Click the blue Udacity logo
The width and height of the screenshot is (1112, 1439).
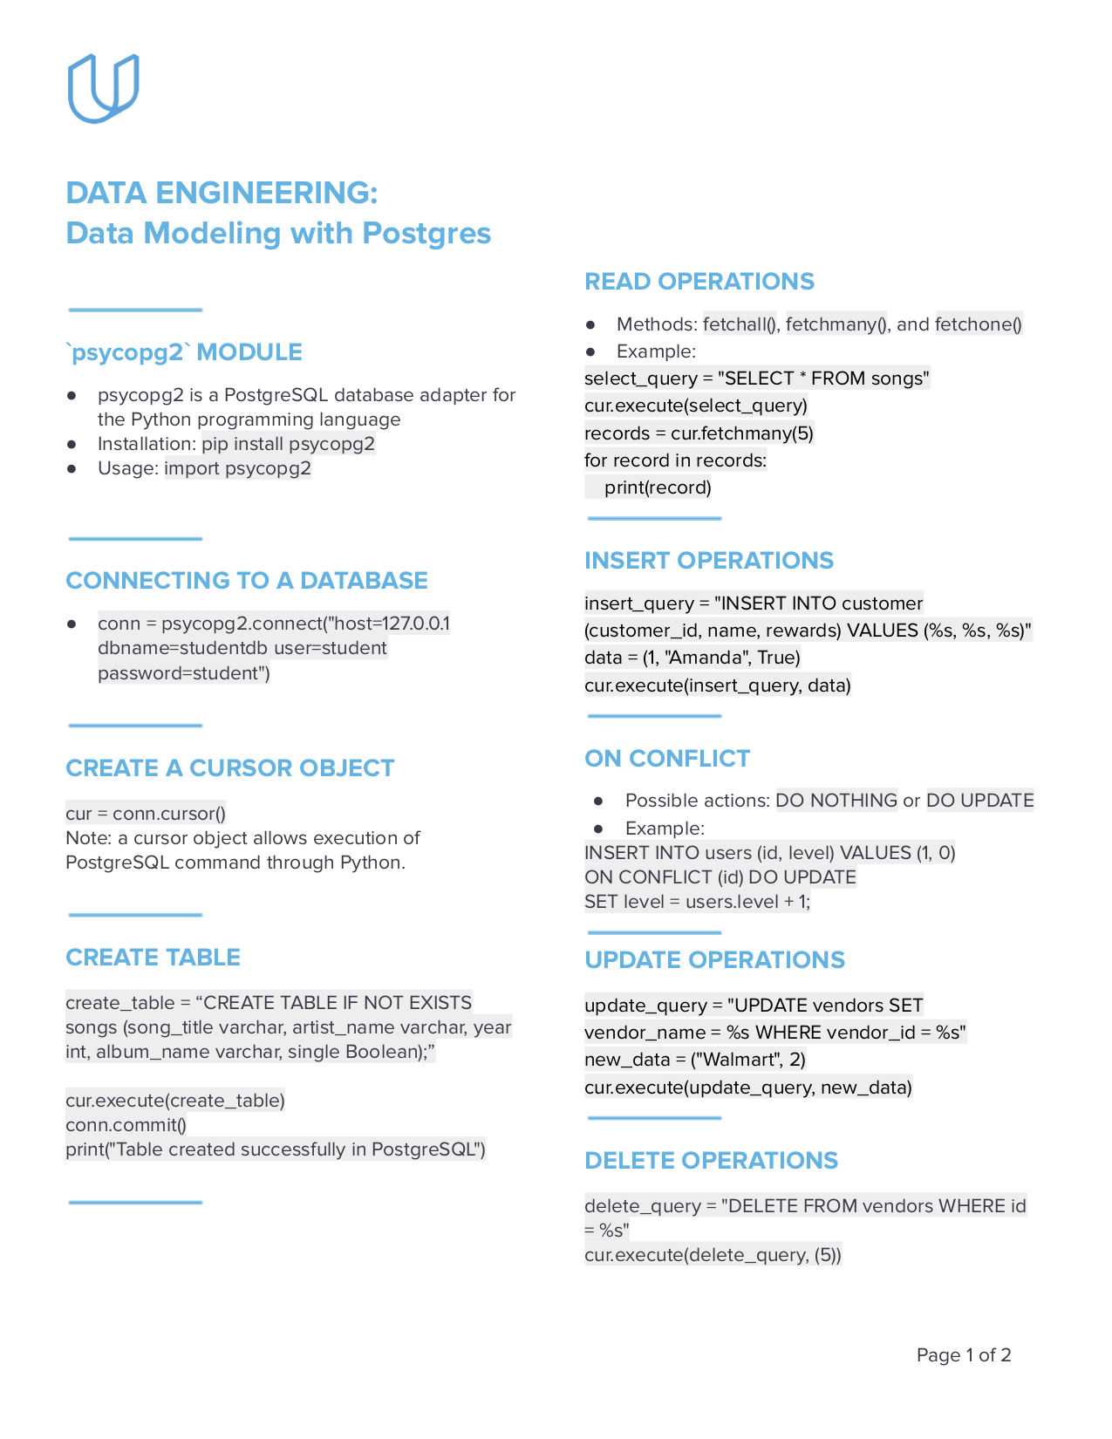coord(103,88)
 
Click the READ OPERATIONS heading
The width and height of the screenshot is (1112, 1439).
coord(699,282)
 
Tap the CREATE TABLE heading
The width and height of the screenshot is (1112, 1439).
coord(153,958)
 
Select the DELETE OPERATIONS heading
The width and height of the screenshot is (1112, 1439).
coord(711,1161)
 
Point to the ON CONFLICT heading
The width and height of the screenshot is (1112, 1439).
coord(667,759)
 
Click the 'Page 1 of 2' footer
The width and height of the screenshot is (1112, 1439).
coord(963,1355)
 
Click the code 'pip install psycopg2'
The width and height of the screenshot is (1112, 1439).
coord(288,444)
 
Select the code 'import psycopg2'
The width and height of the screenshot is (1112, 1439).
coord(237,468)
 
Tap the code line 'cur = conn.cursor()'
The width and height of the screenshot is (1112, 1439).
coord(146,814)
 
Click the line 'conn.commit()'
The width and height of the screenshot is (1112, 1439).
coord(126,1125)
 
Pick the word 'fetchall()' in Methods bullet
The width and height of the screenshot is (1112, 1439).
coord(740,324)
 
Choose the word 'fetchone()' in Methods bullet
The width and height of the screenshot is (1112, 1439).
coord(978,324)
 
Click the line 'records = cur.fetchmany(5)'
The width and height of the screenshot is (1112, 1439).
coord(699,433)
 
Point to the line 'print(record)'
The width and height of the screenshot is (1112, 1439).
coord(658,488)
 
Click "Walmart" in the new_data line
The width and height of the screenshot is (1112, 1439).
coord(733,1060)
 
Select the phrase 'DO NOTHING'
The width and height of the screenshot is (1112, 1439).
coord(836,801)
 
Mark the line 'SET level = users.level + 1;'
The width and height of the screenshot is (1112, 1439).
coord(697,902)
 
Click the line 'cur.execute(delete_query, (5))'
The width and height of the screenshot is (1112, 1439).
coord(713,1255)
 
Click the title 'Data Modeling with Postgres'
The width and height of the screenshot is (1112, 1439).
coord(278,234)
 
